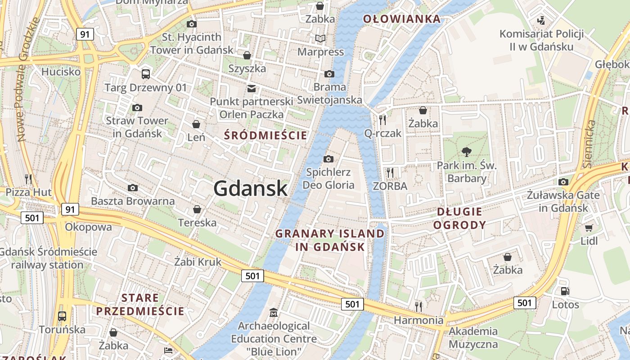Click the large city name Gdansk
(x=250, y=188)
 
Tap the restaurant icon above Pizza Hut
(x=28, y=179)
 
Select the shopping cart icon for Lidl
(x=589, y=228)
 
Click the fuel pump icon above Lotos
(x=565, y=291)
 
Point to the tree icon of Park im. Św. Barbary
(x=467, y=152)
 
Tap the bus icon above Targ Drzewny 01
(x=145, y=74)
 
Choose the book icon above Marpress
(x=320, y=39)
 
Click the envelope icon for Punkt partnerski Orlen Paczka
(x=251, y=89)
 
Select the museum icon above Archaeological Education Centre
(x=273, y=312)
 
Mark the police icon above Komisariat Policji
(x=541, y=20)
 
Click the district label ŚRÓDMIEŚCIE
(x=265, y=135)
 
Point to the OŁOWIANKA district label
(x=401, y=19)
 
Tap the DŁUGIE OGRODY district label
(x=459, y=218)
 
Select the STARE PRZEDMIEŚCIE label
(x=140, y=304)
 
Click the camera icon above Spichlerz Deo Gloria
(x=328, y=159)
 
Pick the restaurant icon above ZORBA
(x=390, y=172)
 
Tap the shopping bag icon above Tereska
(x=197, y=209)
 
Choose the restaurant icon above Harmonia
(x=418, y=307)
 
